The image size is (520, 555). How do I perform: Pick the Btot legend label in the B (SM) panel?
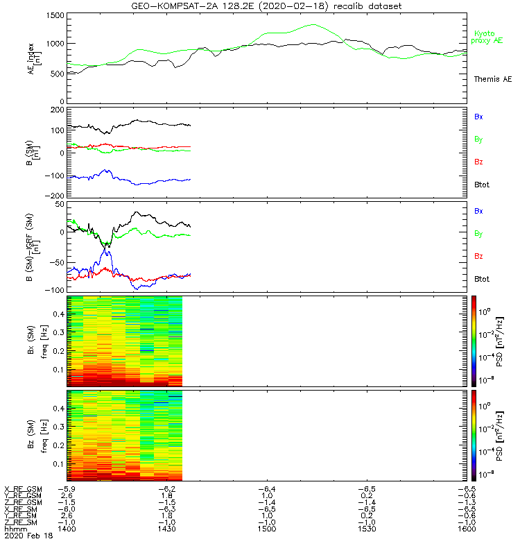tap(482, 184)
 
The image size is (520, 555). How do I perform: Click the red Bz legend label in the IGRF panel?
tap(478, 257)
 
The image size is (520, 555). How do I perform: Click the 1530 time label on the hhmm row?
tap(366, 529)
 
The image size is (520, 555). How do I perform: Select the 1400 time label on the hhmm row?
tap(67, 529)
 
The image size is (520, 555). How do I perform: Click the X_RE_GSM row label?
tap(23, 488)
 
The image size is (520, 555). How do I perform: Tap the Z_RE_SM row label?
tap(23, 522)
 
